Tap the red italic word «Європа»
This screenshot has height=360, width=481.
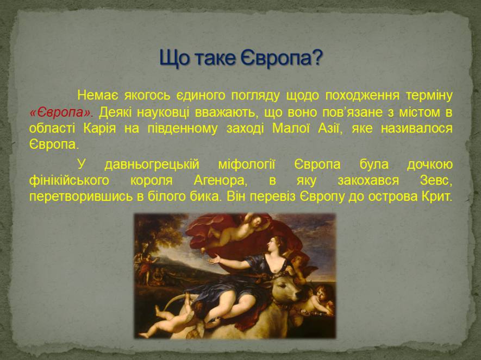(x=61, y=113)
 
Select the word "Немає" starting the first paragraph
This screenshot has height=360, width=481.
(x=97, y=95)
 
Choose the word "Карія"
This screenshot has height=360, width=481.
(x=99, y=128)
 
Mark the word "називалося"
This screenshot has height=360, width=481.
(x=416, y=129)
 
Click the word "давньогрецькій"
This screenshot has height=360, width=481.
(x=152, y=165)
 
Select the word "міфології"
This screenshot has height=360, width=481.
(x=247, y=165)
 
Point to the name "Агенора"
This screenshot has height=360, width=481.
(x=221, y=181)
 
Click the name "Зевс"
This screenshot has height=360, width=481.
(x=436, y=181)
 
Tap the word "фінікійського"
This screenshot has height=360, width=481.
(x=70, y=181)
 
